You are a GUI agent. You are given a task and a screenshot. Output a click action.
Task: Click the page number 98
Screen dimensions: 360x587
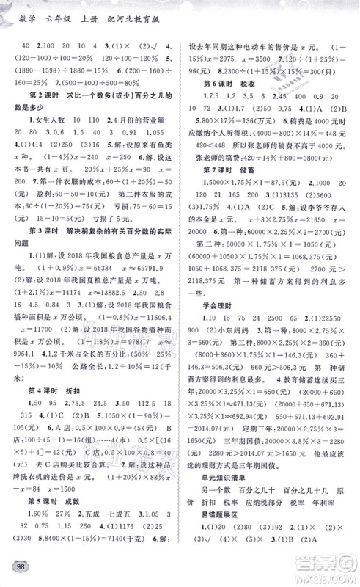[18, 570]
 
